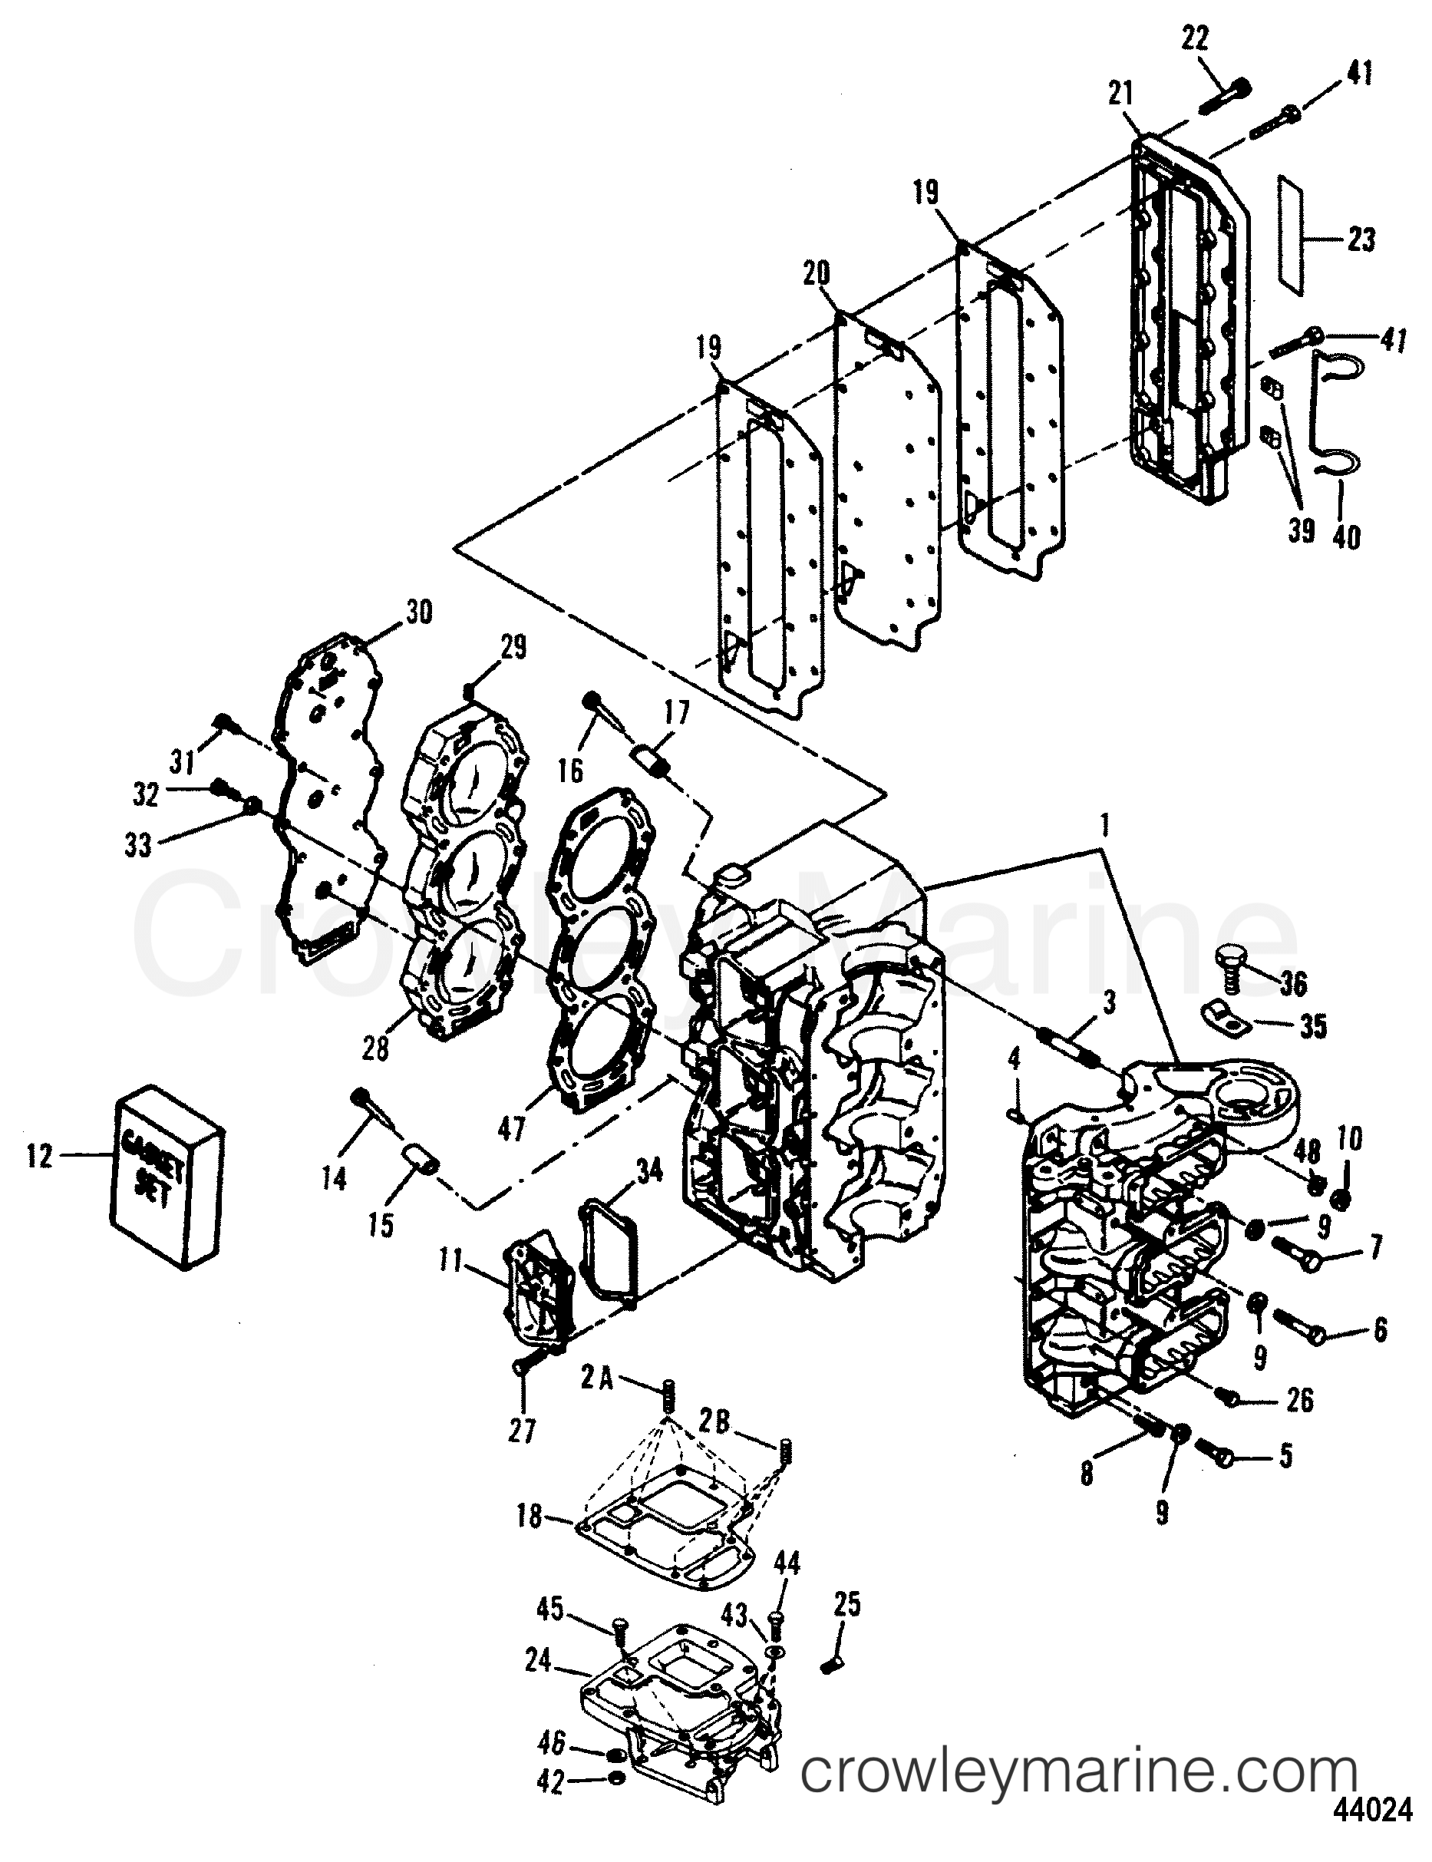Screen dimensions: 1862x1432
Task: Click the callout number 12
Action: click(39, 1157)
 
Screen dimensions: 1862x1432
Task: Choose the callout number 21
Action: click(1120, 94)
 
